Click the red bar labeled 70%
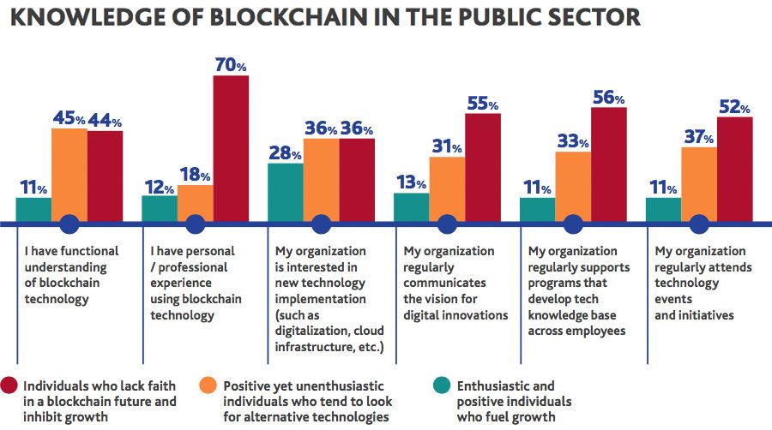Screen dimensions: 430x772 pyautogui.click(x=231, y=149)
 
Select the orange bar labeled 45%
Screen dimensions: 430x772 pyautogui.click(x=69, y=176)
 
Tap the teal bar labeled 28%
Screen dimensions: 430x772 pyautogui.click(x=286, y=193)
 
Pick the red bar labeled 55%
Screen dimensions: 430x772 pyautogui.click(x=482, y=168)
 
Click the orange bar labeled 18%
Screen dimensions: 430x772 pyautogui.click(x=195, y=203)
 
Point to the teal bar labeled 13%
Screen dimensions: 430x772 pyautogui.click(x=411, y=207)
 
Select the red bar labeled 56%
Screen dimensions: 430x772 pyautogui.click(x=608, y=164)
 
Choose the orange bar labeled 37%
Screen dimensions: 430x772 pyautogui.click(x=699, y=184)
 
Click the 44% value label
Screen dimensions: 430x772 pyautogui.click(x=105, y=121)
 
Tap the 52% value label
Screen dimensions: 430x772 pyautogui.click(x=734, y=107)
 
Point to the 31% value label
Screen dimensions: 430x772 pyautogui.click(x=448, y=147)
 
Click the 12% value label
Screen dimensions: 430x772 pyautogui.click(x=159, y=186)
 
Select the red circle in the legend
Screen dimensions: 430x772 pyautogui.click(x=12, y=385)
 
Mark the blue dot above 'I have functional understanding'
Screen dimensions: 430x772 pyautogui.click(x=69, y=224)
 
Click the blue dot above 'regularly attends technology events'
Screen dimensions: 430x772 pyautogui.click(x=699, y=224)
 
